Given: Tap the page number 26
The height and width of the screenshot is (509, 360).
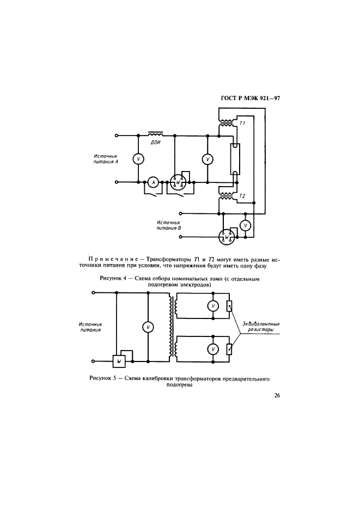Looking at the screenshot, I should tap(277, 396).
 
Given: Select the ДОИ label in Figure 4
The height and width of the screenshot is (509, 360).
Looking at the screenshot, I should tap(155, 143).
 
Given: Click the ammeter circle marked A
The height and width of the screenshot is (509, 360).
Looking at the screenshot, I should tap(153, 183).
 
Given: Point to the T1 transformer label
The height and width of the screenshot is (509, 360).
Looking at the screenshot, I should tap(243, 124).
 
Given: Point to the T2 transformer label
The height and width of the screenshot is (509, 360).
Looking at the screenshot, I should tap(243, 195).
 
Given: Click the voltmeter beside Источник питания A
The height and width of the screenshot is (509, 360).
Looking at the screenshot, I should tap(138, 158).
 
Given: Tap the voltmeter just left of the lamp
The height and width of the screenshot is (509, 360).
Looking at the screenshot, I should tap(207, 159).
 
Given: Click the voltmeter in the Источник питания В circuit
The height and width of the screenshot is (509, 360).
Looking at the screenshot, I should tap(245, 225).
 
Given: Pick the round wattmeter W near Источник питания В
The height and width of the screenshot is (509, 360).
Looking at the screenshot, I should tap(227, 237).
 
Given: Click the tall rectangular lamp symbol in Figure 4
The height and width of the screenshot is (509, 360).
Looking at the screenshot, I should tap(235, 158).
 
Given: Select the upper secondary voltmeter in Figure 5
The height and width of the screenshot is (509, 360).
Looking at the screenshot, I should tap(213, 306).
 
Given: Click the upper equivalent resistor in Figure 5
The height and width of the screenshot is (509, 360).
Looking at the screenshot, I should tap(230, 306).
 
